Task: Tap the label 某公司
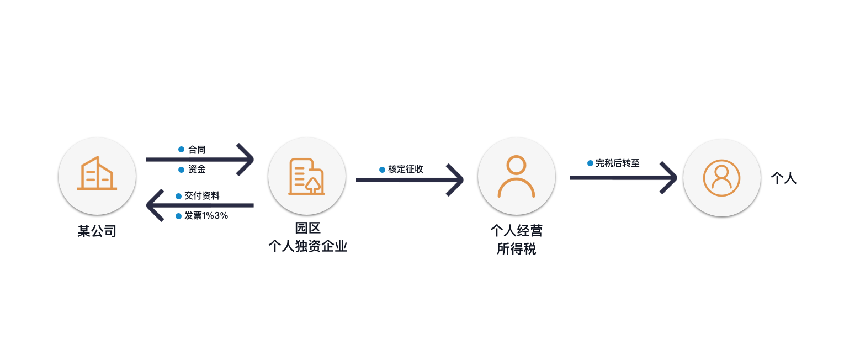click(97, 231)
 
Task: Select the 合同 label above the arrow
click(197, 150)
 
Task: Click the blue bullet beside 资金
click(181, 170)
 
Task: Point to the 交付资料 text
click(202, 195)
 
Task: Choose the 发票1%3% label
click(206, 215)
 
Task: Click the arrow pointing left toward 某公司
click(200, 205)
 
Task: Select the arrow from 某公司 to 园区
click(200, 160)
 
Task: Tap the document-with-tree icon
click(306, 176)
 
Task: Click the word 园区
click(307, 228)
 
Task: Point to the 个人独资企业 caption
click(308, 246)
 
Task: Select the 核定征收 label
click(405, 169)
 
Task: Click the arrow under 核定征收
click(410, 180)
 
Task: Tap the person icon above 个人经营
click(516, 176)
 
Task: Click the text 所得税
click(516, 249)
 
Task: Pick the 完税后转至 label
click(617, 163)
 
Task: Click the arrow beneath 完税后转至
click(623, 177)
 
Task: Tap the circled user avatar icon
click(721, 178)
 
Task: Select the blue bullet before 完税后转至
click(591, 163)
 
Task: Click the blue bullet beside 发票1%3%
click(178, 216)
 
